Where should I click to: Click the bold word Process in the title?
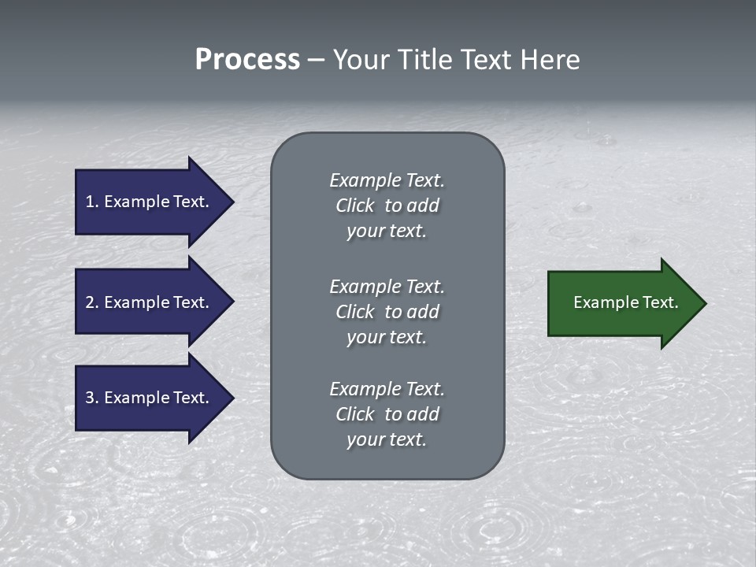point(247,60)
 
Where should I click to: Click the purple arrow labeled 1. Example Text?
point(150,202)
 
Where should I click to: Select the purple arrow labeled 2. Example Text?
point(150,302)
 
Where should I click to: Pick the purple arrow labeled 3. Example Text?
point(150,398)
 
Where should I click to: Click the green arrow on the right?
point(622,303)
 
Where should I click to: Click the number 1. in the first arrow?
point(91,202)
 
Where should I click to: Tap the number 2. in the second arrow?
point(91,302)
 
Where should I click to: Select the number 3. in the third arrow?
point(91,398)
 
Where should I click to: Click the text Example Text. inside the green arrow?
point(625,302)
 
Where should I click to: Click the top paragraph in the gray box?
point(387,206)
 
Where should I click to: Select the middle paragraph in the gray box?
point(387,312)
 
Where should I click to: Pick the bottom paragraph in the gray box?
point(387,414)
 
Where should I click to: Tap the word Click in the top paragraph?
point(355,206)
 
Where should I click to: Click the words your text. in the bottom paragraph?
point(387,439)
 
